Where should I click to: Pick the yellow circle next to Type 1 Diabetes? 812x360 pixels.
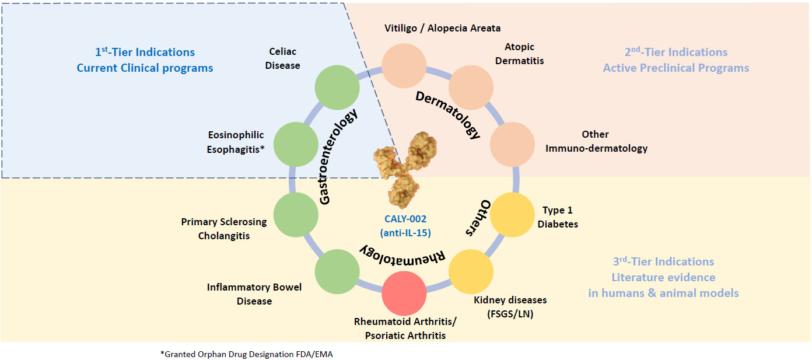click(x=512, y=215)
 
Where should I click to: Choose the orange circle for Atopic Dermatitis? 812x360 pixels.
click(x=471, y=88)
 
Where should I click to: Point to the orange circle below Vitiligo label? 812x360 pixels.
click(x=404, y=65)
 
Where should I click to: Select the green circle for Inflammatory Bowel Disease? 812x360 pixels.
click(x=337, y=272)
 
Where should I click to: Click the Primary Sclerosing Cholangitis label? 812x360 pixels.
click(x=223, y=229)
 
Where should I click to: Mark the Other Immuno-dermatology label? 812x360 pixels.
click(x=596, y=141)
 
